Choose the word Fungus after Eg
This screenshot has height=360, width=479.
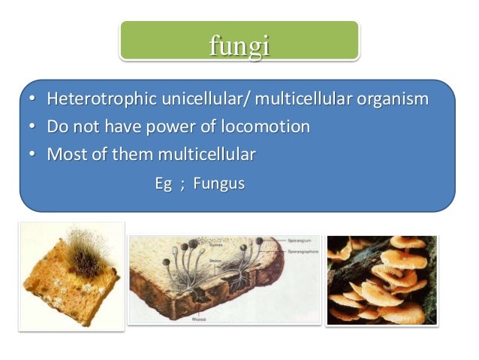point(218,183)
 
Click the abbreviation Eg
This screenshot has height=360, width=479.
point(163,183)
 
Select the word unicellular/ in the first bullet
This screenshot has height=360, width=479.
point(190,99)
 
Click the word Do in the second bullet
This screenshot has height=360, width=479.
point(56,126)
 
